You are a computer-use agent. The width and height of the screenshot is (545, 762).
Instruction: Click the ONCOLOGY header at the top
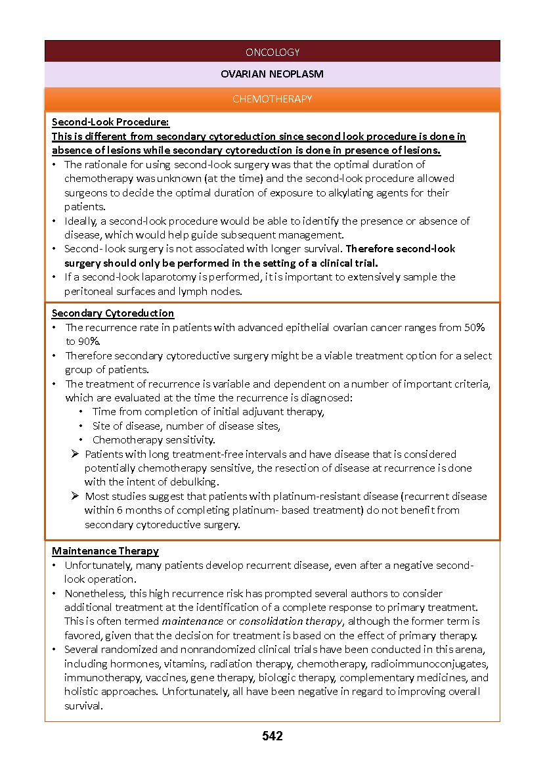[x=272, y=52]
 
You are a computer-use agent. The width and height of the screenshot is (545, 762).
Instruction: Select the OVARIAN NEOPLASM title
[x=272, y=74]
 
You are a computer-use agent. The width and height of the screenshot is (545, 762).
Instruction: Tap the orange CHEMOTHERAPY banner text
[x=272, y=99]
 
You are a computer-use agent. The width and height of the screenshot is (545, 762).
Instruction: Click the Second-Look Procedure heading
[x=110, y=122]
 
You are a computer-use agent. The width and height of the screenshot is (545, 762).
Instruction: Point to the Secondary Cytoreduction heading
[x=113, y=313]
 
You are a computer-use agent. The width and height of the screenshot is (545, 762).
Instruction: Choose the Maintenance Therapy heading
[x=105, y=551]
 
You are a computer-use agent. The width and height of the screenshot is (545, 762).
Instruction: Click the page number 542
[x=272, y=736]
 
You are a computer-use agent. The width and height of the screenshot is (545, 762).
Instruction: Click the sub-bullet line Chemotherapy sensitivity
[x=154, y=440]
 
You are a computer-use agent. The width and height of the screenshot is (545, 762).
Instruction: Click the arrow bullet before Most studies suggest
[x=76, y=496]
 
